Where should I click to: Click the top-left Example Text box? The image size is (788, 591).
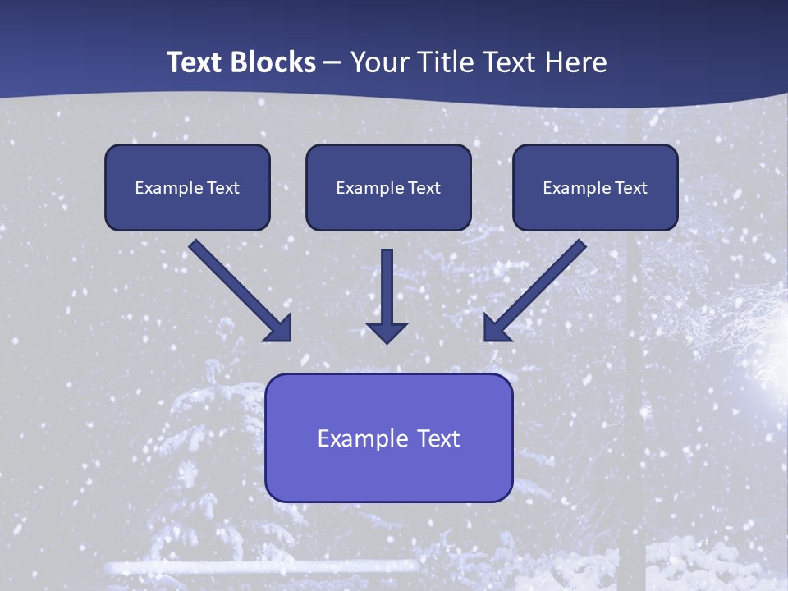pyautogui.click(x=187, y=187)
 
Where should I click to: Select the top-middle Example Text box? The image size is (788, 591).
pyautogui.click(x=388, y=187)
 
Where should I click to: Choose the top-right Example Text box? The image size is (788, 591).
pyautogui.click(x=595, y=187)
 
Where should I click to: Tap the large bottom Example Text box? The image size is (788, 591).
pyautogui.click(x=388, y=438)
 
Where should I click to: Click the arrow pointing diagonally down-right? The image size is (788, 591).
pyautogui.click(x=238, y=288)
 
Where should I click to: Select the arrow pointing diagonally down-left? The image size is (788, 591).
pyautogui.click(x=538, y=288)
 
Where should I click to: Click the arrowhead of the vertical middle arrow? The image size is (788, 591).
pyautogui.click(x=387, y=332)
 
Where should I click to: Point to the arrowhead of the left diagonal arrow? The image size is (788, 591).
pyautogui.click(x=279, y=328)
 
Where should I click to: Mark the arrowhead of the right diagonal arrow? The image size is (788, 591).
pyautogui.click(x=497, y=328)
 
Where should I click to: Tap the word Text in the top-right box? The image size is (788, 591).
pyautogui.click(x=631, y=188)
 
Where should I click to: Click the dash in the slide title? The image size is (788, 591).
pyautogui.click(x=332, y=63)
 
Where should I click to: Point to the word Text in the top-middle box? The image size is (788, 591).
pyautogui.click(x=424, y=188)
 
